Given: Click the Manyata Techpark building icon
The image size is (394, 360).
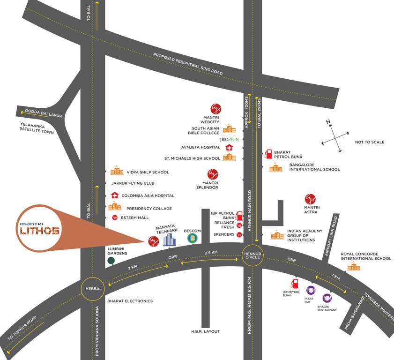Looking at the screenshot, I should coord(169,240).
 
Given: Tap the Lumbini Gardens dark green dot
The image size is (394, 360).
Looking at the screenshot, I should coord(111,261).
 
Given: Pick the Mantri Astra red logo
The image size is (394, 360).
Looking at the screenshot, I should coord(310,199).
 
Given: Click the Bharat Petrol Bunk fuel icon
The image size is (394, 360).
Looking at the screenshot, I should coord(268,154).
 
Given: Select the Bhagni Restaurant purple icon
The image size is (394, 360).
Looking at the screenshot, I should coord(327,298).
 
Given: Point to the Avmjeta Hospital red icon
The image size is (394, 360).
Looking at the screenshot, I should coord(229,147).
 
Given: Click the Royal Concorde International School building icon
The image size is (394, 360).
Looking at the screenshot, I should coord(354,267).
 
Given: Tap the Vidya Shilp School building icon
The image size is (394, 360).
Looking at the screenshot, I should coord(117,172).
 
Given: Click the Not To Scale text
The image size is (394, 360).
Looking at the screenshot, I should coord(370,142).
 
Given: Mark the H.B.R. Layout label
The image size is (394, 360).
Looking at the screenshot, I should coord(206,331).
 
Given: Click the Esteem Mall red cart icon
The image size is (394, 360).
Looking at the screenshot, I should coord(115,217).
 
